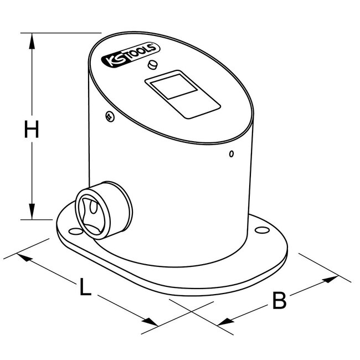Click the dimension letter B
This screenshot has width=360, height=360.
click(280, 301)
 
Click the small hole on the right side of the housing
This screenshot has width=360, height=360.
click(232, 153)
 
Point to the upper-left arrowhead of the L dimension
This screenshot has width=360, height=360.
click(23, 257)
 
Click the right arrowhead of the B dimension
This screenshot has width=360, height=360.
click(332, 279)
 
